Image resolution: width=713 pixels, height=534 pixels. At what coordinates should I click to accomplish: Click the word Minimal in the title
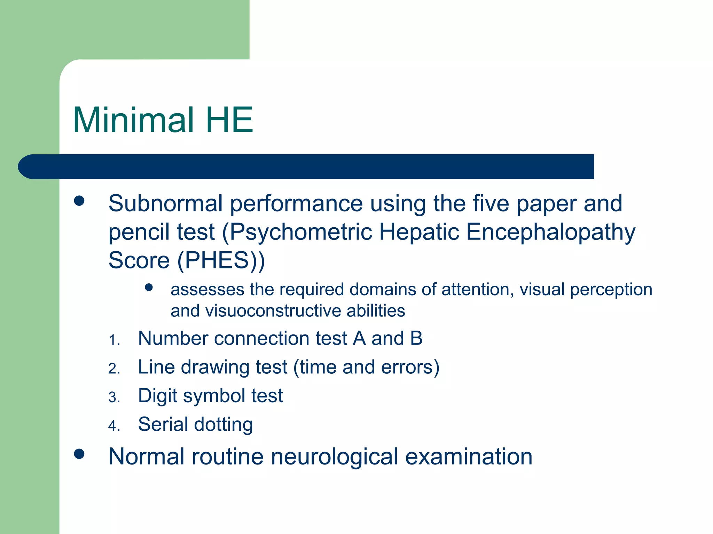click(133, 120)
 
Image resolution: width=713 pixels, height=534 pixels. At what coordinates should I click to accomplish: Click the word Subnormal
click(165, 203)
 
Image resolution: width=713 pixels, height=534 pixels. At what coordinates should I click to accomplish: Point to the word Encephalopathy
click(550, 232)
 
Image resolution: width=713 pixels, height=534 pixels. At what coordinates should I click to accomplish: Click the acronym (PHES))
click(221, 260)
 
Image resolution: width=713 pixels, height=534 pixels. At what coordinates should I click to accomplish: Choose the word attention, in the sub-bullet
click(478, 290)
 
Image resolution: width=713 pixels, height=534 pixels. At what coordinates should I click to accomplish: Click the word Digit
click(157, 396)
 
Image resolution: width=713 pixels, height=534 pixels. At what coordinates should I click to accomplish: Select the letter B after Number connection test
click(416, 338)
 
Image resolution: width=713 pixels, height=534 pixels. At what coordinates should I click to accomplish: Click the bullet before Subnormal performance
click(79, 201)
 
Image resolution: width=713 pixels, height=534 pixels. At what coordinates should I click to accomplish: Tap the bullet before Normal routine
click(79, 454)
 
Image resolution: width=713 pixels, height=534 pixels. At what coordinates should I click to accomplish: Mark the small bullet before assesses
click(149, 288)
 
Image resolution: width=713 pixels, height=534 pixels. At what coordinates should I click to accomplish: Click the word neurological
click(334, 457)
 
